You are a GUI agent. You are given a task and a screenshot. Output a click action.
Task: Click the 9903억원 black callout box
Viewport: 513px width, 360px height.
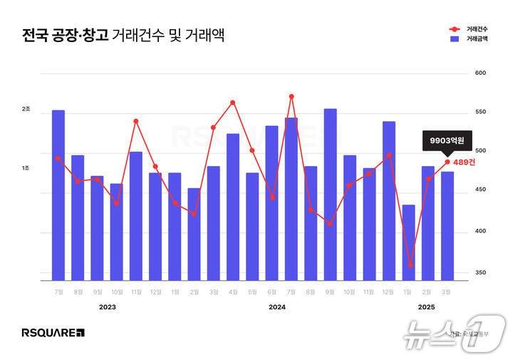point(447,141)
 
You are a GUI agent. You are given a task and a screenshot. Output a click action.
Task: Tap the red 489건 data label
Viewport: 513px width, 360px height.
point(465,162)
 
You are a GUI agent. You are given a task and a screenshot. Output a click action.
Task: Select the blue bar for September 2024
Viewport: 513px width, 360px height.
point(330,194)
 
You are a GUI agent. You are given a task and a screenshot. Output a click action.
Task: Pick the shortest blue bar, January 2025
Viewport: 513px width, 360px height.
point(408,242)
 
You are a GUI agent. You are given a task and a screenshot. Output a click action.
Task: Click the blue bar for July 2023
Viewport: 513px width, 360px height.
point(58,195)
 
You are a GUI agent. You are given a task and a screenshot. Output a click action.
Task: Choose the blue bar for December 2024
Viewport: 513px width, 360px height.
point(388,200)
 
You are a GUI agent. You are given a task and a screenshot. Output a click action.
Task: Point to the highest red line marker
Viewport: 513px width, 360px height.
point(291,96)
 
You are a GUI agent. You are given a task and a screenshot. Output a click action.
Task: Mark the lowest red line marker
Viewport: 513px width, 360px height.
point(410,265)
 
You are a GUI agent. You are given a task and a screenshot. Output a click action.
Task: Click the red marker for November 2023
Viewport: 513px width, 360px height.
point(135,121)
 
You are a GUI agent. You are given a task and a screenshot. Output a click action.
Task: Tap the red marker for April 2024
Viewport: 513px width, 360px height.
point(233,103)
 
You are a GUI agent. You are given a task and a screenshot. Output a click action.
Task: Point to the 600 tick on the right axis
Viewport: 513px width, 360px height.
point(480,73)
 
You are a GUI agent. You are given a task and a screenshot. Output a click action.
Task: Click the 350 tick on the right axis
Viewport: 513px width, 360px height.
point(480,272)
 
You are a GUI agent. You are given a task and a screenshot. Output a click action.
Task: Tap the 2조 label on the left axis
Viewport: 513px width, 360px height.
point(26,109)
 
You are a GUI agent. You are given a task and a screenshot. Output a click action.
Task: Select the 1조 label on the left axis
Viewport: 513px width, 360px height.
point(26,168)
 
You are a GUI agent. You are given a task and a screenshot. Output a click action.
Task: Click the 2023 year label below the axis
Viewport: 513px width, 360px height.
point(108,307)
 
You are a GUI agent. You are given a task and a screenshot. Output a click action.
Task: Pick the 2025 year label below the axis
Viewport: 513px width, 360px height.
point(426,307)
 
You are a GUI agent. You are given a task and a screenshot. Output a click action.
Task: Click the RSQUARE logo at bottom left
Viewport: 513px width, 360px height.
point(53,332)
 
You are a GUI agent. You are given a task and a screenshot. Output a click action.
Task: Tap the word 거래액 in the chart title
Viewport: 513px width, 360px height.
point(204,35)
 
